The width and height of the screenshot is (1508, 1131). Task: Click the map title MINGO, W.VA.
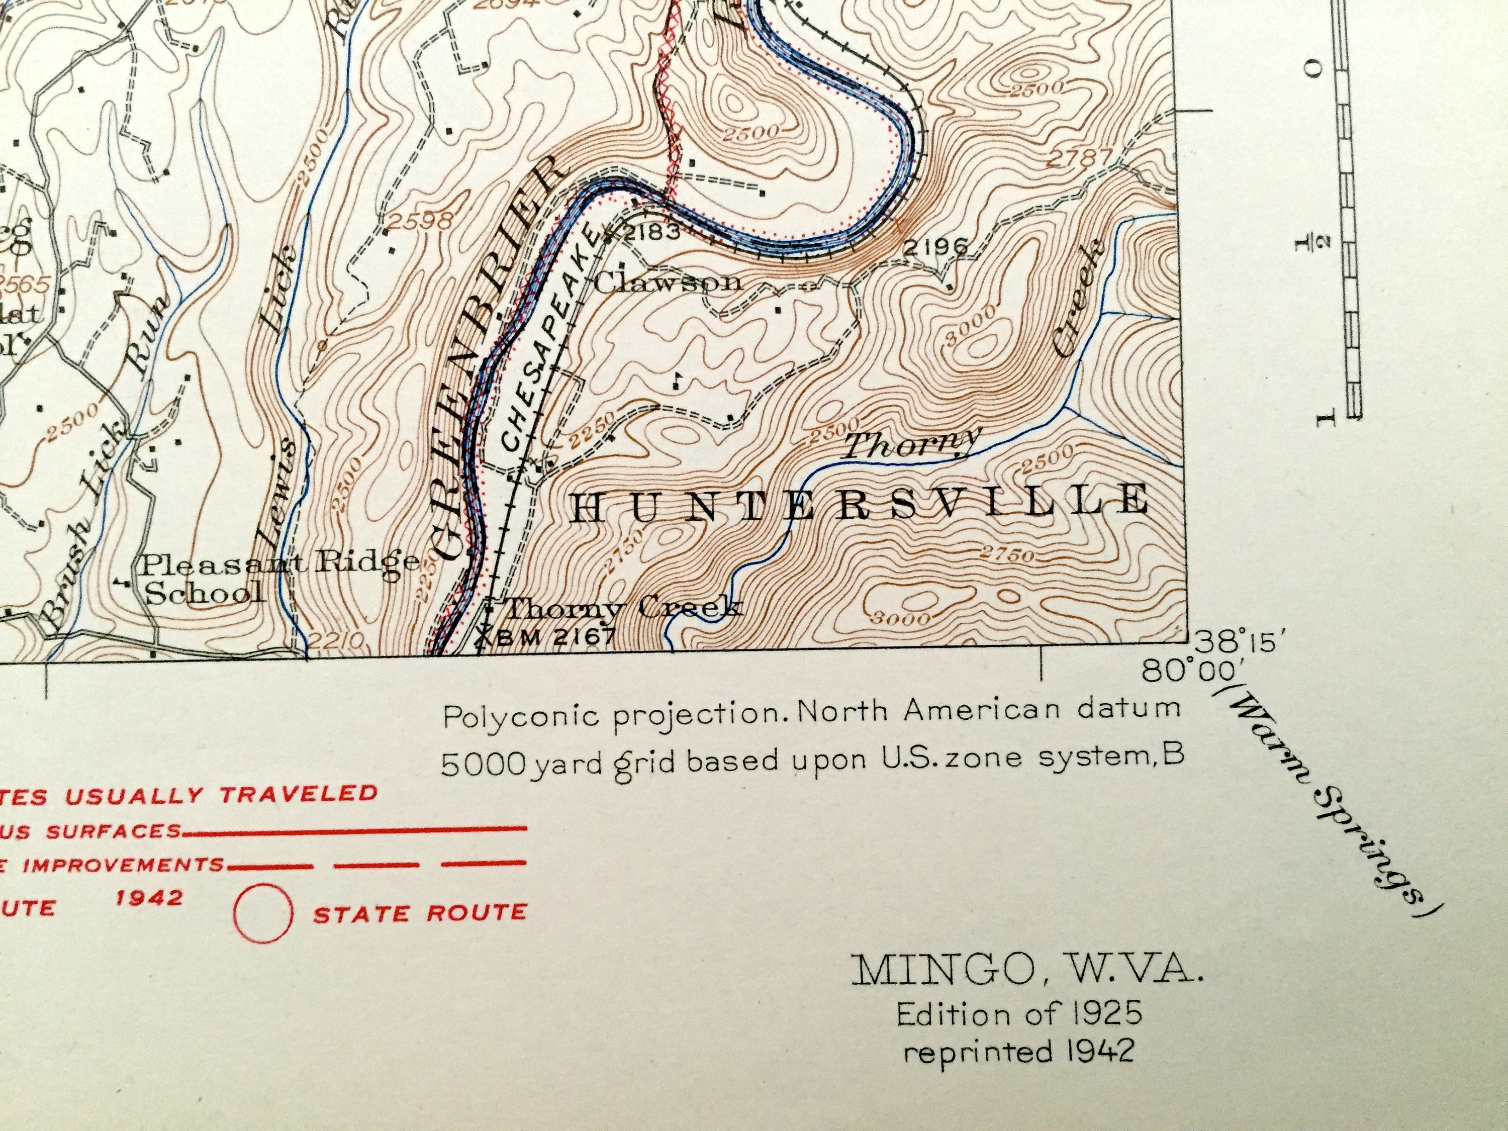click(x=1027, y=969)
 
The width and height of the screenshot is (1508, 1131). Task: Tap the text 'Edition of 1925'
click(x=1019, y=1014)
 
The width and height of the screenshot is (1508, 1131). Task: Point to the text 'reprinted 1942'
click(x=1019, y=1051)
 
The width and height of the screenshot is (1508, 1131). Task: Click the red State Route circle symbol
click(x=263, y=913)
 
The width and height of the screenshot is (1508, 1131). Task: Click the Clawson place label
click(x=668, y=281)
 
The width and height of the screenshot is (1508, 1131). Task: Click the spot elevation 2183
click(x=651, y=232)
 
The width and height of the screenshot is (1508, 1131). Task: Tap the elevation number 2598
click(x=421, y=220)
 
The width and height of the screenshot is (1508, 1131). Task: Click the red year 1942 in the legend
click(x=149, y=897)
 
